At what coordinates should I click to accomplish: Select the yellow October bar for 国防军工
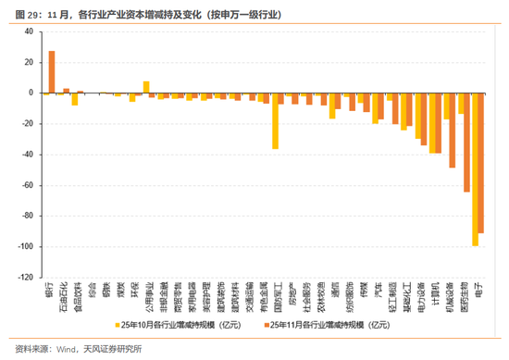[275, 120]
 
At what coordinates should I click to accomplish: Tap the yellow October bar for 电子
[475, 168]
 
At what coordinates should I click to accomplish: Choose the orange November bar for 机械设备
[452, 130]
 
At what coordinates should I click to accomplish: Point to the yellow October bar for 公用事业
[146, 87]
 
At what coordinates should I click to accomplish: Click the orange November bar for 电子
[481, 163]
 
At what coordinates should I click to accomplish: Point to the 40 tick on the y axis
[28, 31]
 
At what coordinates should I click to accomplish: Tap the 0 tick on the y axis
[31, 93]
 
